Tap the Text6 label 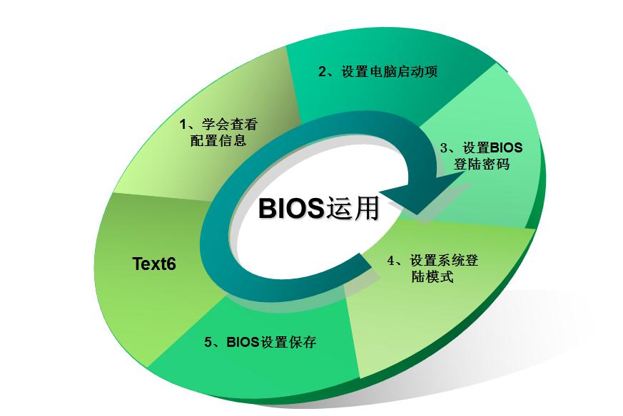click(154, 264)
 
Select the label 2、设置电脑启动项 click(378, 71)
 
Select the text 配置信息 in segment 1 click(218, 140)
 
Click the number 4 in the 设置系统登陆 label click(390, 260)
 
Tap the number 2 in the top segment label click(322, 71)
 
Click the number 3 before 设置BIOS click(444, 148)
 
